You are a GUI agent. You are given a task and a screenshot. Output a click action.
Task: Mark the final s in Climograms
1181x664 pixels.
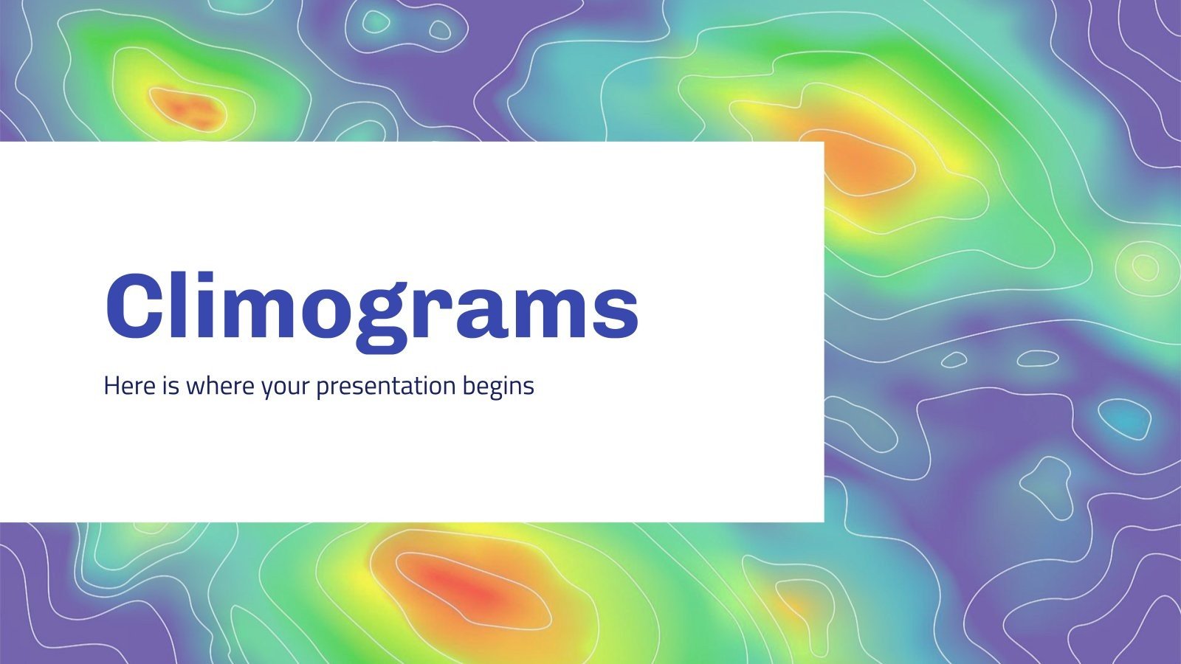[614, 314]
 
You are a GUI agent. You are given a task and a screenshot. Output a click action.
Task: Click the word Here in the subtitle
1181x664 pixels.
[128, 385]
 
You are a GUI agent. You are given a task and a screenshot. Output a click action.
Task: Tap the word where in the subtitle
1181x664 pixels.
[220, 385]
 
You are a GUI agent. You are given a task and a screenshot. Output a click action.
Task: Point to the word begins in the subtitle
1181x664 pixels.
[498, 387]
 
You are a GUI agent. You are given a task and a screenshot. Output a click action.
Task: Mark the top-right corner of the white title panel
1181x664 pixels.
[823, 142]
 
